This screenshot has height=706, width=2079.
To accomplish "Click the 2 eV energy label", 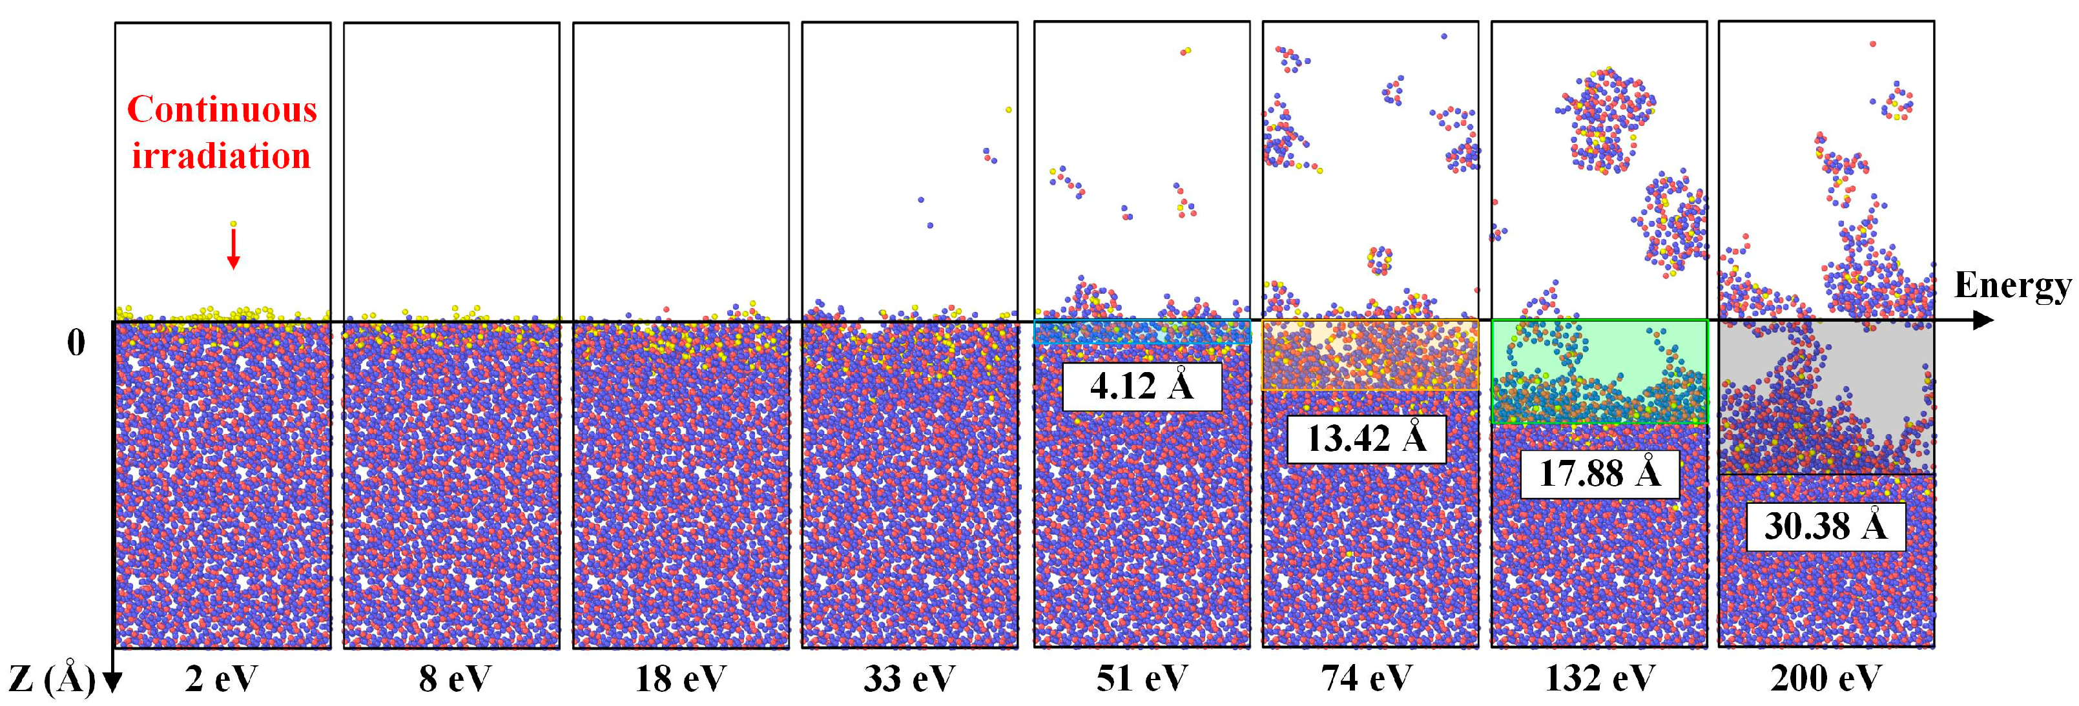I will click(x=220, y=679).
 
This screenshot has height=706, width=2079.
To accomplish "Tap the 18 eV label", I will click(x=680, y=679).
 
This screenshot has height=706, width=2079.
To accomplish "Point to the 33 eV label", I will click(x=909, y=679).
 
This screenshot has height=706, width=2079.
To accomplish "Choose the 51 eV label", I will click(x=1141, y=679).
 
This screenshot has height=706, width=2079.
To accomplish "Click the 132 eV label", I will click(x=1600, y=679).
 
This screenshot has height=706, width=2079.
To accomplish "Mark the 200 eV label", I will click(x=1826, y=679).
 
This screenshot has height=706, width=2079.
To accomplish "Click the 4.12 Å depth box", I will click(x=1141, y=386).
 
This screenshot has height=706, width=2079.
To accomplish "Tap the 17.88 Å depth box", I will click(x=1600, y=473).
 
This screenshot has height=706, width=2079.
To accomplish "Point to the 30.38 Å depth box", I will click(x=1826, y=527).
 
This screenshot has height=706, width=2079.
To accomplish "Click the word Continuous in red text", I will click(x=222, y=110).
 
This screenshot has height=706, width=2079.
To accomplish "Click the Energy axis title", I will click(x=2011, y=286).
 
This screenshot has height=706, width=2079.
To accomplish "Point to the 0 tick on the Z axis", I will click(x=76, y=344).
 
